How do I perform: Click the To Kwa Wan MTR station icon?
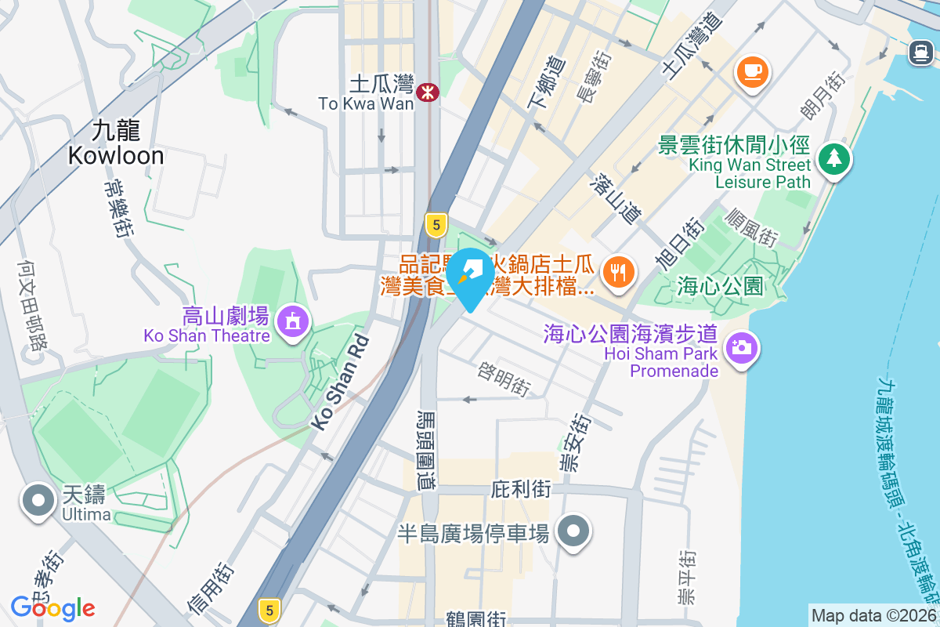[x=428, y=92]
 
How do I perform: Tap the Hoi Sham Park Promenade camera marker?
[x=741, y=346]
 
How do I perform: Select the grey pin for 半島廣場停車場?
[x=573, y=531]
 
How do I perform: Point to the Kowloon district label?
[x=116, y=143]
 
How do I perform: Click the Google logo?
[x=52, y=607]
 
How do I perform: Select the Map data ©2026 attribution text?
[x=873, y=615]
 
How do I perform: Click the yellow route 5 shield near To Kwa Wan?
[x=436, y=225]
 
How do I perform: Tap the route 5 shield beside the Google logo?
[x=269, y=609]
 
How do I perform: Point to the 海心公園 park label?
[x=719, y=287]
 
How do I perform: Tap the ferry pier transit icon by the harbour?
[x=920, y=53]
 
